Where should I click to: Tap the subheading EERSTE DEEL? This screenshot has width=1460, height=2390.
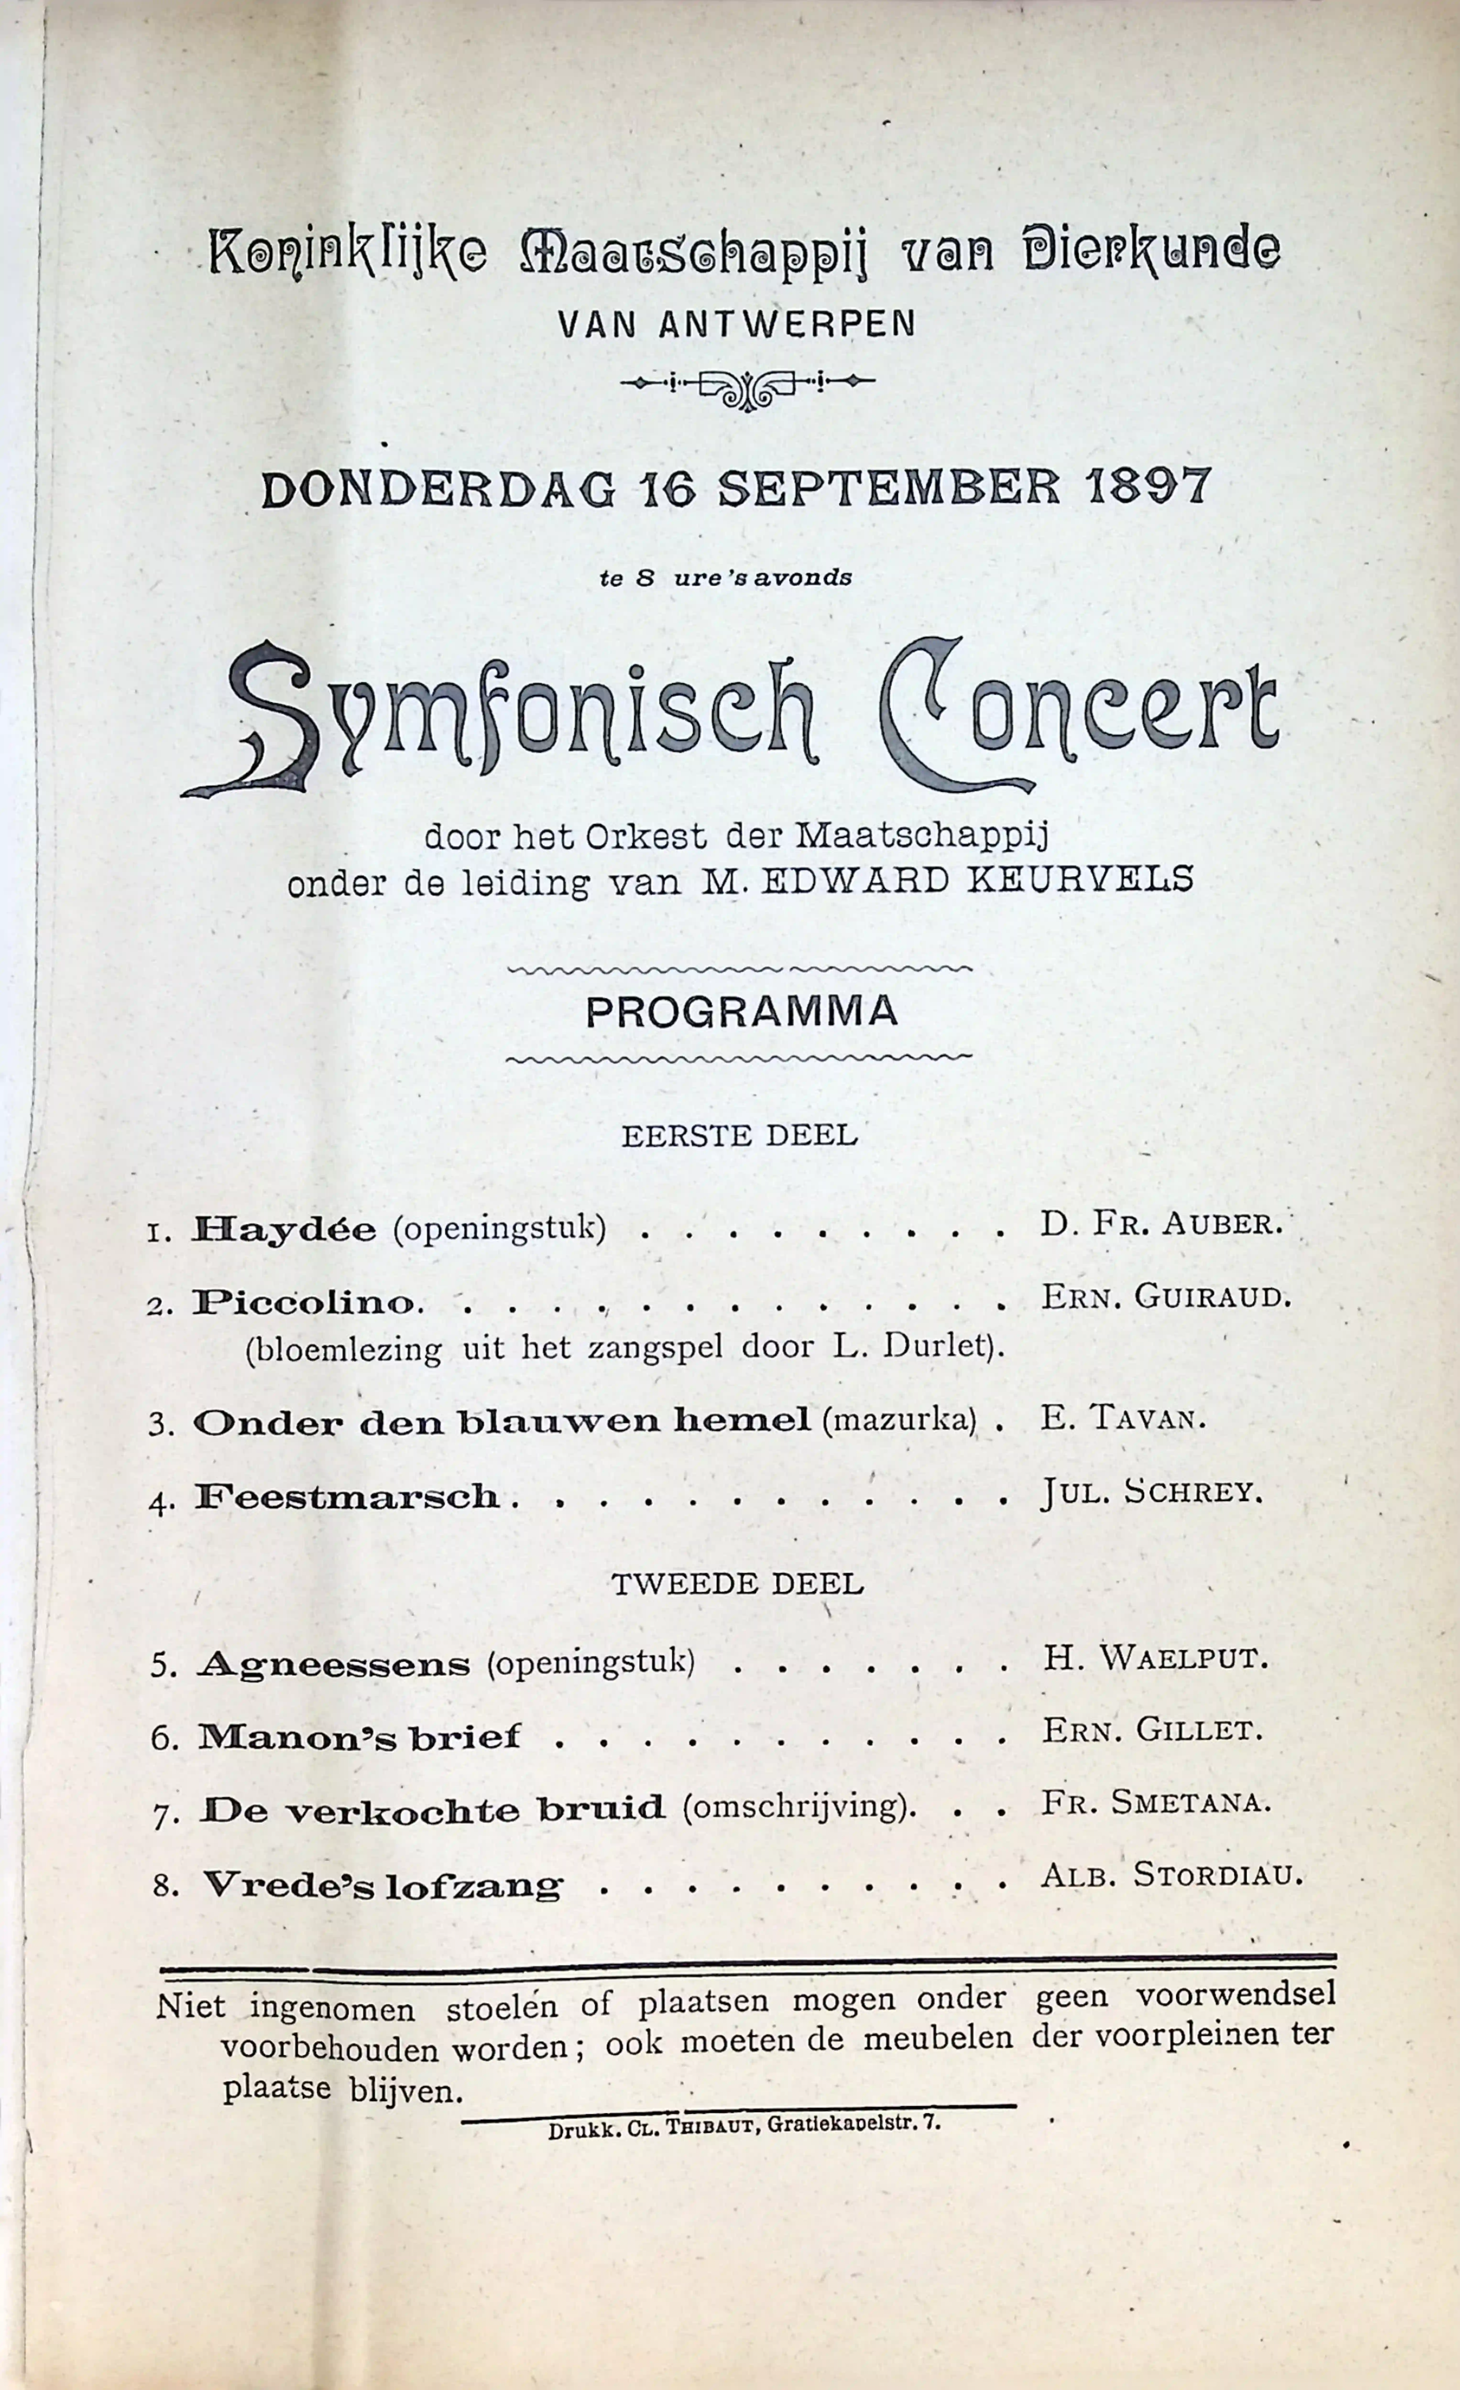[739, 1135]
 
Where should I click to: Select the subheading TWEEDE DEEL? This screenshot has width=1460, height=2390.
[737, 1584]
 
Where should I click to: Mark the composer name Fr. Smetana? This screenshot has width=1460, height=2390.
[1154, 1802]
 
